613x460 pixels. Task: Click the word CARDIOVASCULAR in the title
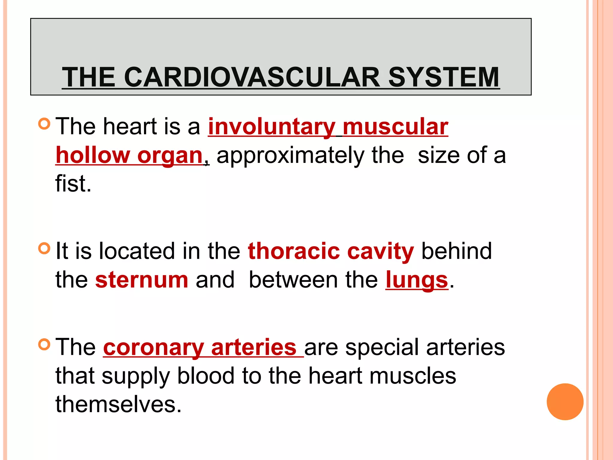[252, 77]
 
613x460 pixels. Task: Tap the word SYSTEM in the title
[444, 77]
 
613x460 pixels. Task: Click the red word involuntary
[271, 127]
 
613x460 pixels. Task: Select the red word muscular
[395, 127]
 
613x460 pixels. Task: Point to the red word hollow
[93, 155]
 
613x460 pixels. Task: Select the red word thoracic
[294, 251]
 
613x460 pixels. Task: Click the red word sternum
[142, 280]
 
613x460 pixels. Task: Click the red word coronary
[153, 348]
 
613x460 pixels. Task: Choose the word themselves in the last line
[119, 404]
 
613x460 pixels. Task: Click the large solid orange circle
[565, 402]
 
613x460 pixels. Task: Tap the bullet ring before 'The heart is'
[44, 123]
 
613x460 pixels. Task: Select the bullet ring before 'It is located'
[44, 248]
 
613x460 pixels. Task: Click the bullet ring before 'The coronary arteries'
[44, 344]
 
